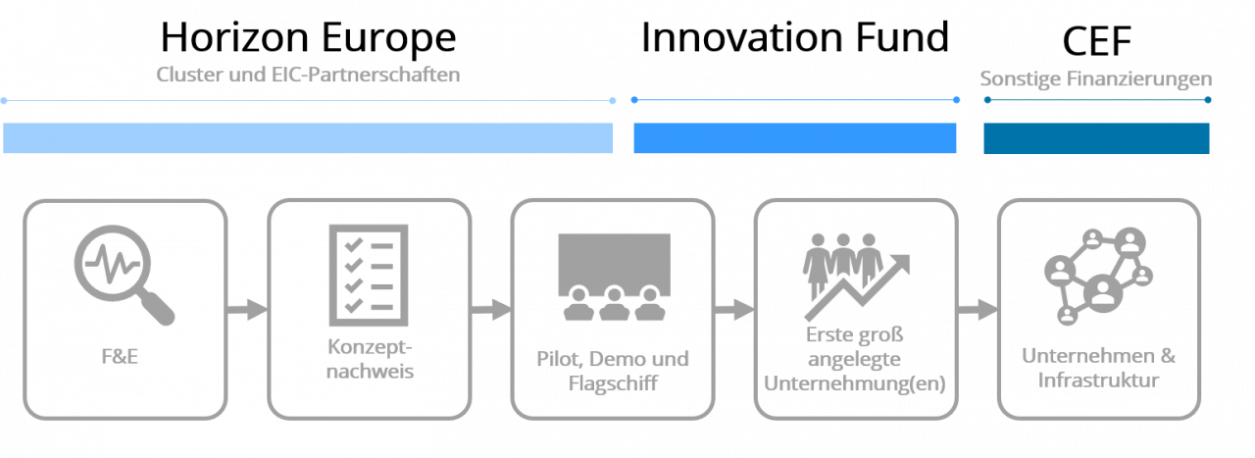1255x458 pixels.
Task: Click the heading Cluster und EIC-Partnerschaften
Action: (308, 76)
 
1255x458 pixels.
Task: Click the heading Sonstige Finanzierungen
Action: (1096, 79)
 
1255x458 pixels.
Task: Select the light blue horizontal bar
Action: (308, 138)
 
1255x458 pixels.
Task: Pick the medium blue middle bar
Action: (794, 138)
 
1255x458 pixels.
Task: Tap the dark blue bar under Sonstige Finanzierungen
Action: (1096, 138)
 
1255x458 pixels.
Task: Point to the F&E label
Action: (124, 355)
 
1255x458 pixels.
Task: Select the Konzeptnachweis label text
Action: (370, 359)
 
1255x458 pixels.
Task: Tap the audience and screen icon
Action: (613, 278)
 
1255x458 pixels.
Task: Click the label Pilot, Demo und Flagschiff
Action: (613, 370)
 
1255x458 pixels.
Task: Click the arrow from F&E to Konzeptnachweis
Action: (247, 310)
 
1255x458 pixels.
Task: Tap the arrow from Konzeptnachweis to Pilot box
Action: (490, 310)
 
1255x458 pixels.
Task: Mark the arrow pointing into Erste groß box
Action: (733, 310)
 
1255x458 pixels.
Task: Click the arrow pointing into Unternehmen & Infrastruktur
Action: (977, 310)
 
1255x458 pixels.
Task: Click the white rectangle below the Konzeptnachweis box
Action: (357, 440)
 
